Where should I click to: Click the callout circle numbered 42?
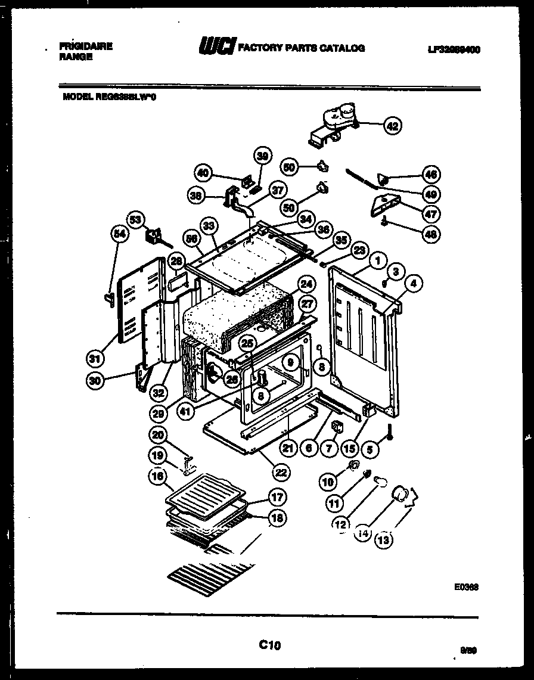392,126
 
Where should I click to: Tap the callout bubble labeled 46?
430,175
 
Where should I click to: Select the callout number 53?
136,221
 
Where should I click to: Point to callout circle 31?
95,359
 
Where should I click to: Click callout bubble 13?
383,540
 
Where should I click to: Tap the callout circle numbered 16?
157,476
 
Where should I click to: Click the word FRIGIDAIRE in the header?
86,46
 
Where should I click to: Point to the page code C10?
269,644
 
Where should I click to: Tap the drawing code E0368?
467,586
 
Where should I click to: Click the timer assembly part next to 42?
333,123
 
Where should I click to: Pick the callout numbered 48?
430,234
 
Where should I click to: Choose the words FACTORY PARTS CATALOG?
301,48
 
